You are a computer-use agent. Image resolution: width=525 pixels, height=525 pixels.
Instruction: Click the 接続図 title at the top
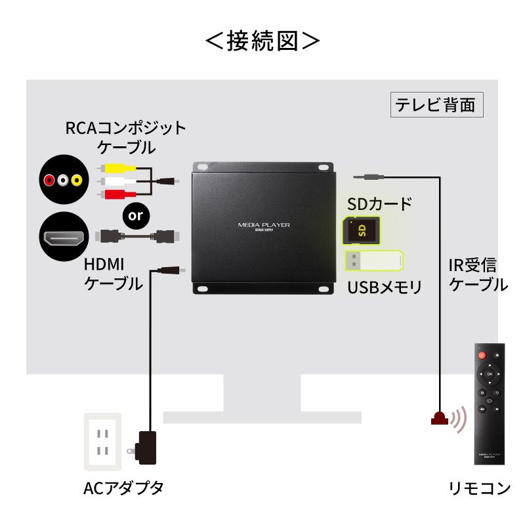tap(262, 41)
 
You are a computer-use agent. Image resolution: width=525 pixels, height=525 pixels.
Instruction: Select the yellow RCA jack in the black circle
tap(77, 179)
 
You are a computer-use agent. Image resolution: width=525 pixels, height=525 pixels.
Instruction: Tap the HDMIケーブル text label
tap(113, 274)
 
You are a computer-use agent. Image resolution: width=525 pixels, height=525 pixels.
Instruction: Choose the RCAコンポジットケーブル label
tap(125, 136)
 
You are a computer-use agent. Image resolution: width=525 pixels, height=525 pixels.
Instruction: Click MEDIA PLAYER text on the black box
tap(264, 225)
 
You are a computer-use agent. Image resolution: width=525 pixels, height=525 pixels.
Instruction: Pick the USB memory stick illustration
tap(374, 261)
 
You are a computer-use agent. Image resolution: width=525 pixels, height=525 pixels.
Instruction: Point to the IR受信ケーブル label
tap(477, 275)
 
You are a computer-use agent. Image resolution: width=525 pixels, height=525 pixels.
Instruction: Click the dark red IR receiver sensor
tap(439, 418)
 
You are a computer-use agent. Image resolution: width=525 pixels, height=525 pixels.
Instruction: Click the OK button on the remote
tap(489, 374)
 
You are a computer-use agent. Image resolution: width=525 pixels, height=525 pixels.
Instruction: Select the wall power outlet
tap(102, 442)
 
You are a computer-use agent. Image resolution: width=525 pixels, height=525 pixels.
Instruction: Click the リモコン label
tap(479, 488)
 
